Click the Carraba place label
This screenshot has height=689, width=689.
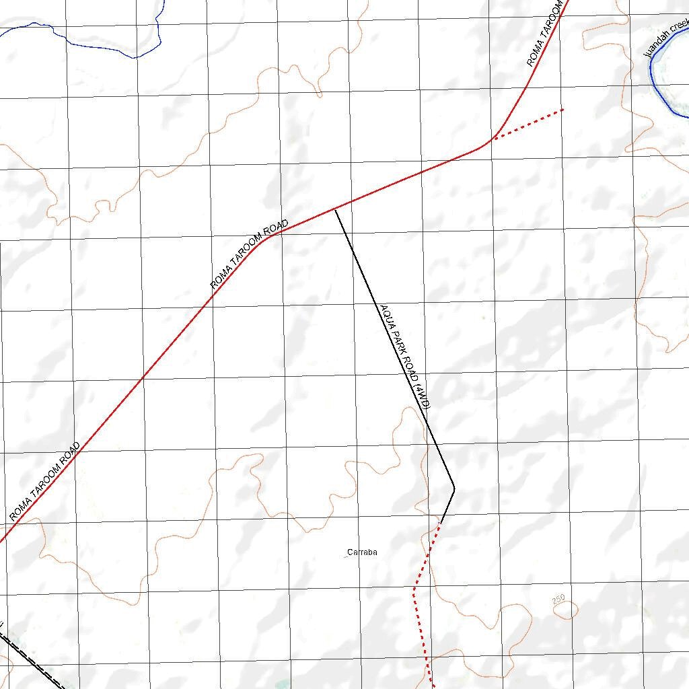click(362, 552)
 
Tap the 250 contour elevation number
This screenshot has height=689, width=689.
click(558, 600)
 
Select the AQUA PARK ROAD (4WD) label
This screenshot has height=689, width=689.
click(404, 357)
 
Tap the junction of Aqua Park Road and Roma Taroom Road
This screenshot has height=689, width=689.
click(335, 210)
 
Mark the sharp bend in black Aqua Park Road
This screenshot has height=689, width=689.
click(454, 488)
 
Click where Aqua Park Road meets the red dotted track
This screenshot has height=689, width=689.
click(441, 523)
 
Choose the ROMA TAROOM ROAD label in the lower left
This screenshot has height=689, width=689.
click(45, 481)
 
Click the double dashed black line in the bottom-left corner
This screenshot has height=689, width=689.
click(34, 663)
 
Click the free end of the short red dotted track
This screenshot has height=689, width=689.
click(563, 109)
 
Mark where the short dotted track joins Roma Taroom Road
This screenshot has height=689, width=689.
click(494, 139)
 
